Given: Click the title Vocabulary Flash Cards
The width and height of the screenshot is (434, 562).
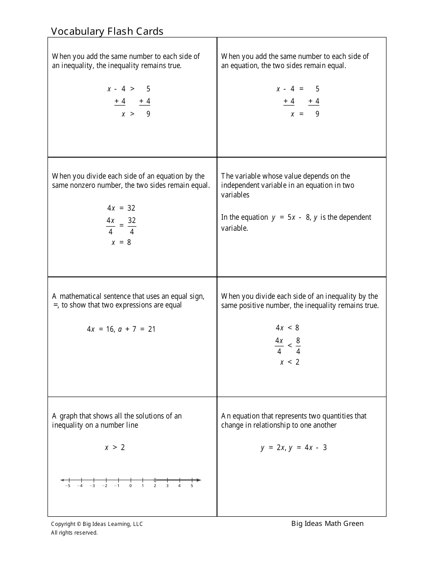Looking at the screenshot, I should click(x=107, y=31).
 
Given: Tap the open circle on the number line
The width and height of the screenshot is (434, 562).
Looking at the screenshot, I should click(x=155, y=480).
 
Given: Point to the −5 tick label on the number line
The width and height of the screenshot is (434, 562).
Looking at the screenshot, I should click(x=68, y=486).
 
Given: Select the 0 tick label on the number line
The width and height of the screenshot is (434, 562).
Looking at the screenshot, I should click(x=130, y=486).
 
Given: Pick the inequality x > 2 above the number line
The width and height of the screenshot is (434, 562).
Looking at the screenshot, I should click(x=115, y=447).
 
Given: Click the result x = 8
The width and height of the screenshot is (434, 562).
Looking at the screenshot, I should click(x=121, y=242).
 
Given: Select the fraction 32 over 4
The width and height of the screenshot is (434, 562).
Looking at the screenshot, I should click(x=132, y=226).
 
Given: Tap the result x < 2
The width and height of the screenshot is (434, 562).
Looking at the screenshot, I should click(x=290, y=362).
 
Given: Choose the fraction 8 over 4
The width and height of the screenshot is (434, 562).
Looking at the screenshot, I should click(x=298, y=346).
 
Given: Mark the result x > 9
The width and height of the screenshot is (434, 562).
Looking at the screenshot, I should click(x=136, y=114).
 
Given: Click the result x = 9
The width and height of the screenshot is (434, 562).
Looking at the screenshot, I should click(x=305, y=114).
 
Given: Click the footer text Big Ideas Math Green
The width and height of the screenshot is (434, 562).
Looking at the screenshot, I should click(x=327, y=524).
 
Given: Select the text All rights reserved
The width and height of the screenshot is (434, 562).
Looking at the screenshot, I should click(x=74, y=532).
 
